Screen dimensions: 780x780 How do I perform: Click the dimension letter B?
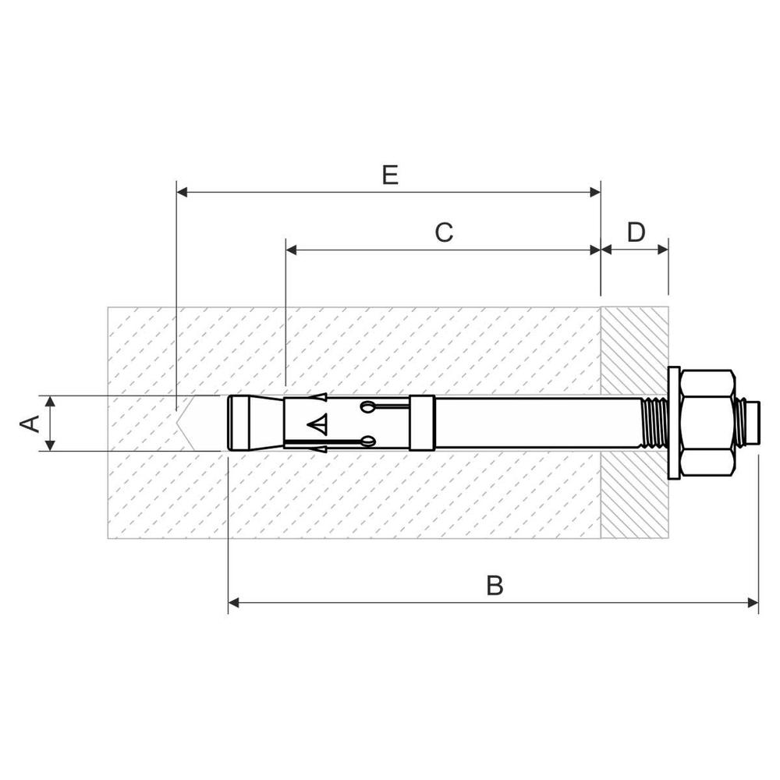[495, 585]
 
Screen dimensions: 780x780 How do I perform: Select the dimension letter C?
[444, 232]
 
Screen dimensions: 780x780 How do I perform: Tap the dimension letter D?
[636, 232]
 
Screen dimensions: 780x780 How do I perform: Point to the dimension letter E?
[390, 175]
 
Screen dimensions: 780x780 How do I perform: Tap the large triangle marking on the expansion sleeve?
[317, 424]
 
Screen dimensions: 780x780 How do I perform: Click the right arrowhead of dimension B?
[753, 602]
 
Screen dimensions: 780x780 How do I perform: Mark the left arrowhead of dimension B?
[234, 602]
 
